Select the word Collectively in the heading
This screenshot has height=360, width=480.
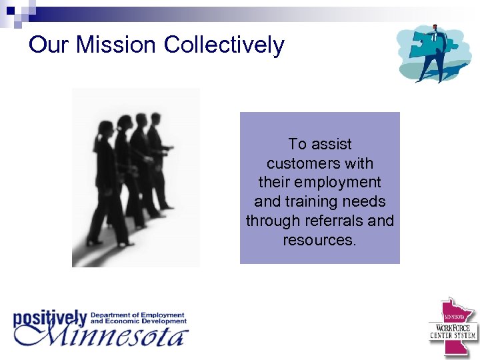tap(224, 45)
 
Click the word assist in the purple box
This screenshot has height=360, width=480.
tap(331, 144)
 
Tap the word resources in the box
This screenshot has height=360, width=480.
tap(319, 240)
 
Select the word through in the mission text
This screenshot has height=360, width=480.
tap(269, 221)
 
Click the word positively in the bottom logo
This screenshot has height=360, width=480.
tap(50, 317)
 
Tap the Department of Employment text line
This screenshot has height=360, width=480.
tap(137, 315)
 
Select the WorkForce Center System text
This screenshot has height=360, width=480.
tap(453, 331)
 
